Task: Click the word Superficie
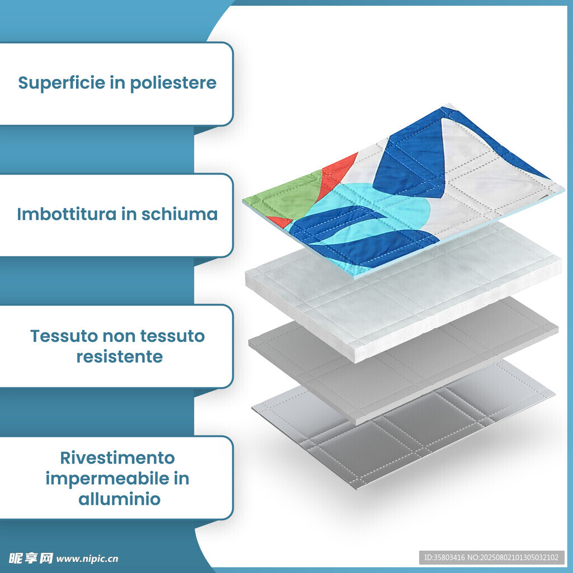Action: point(62,83)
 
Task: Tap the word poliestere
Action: point(173,83)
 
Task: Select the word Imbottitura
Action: point(66,214)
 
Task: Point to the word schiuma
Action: point(180,214)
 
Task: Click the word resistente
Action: point(120,356)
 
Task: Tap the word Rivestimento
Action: point(118,458)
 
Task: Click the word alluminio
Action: point(120,499)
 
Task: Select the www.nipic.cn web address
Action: point(87,559)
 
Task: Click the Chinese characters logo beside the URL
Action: point(31,558)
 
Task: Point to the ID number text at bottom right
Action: point(491,558)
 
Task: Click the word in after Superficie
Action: point(118,83)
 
